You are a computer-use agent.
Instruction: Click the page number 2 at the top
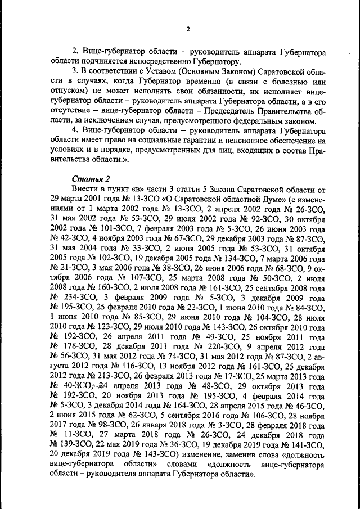coord(188,29)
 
